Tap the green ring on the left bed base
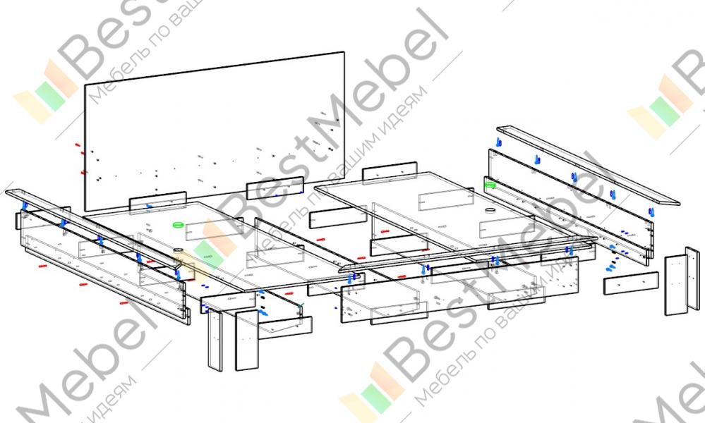(178, 225)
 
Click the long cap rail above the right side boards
(586, 165)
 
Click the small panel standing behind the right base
(390, 172)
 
